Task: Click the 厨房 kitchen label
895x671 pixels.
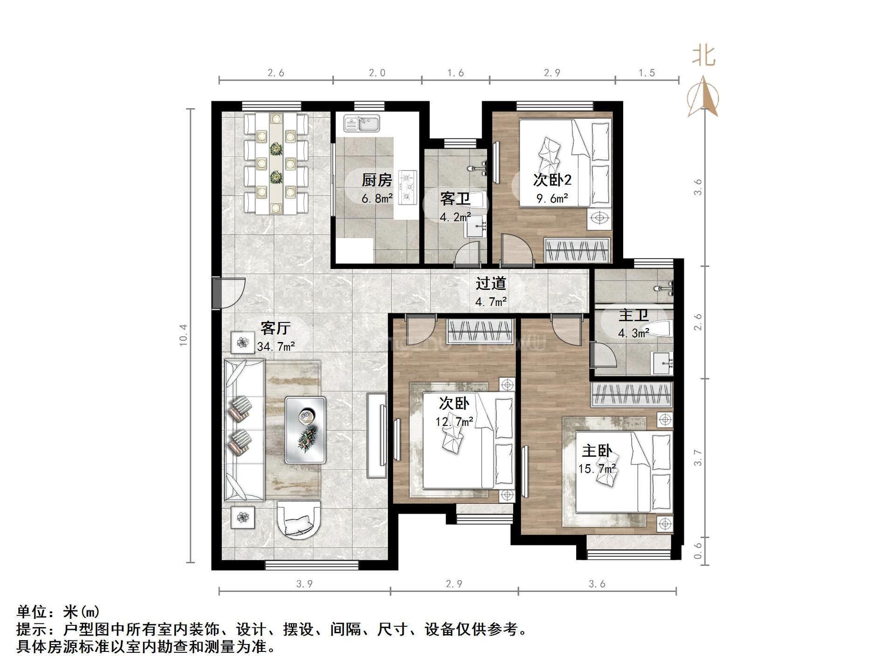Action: [377, 180]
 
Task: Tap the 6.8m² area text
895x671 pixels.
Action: [377, 199]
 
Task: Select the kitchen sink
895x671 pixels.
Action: [362, 124]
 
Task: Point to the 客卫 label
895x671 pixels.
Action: [455, 199]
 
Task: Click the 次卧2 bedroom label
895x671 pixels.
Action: [552, 180]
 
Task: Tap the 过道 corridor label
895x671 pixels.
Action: [491, 283]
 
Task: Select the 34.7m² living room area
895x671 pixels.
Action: [275, 347]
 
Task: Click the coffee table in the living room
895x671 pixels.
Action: [305, 429]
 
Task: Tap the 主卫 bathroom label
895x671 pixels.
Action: [633, 315]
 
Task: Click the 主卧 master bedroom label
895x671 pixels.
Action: [597, 451]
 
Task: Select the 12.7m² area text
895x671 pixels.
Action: [454, 422]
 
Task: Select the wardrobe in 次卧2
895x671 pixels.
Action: [577, 250]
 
